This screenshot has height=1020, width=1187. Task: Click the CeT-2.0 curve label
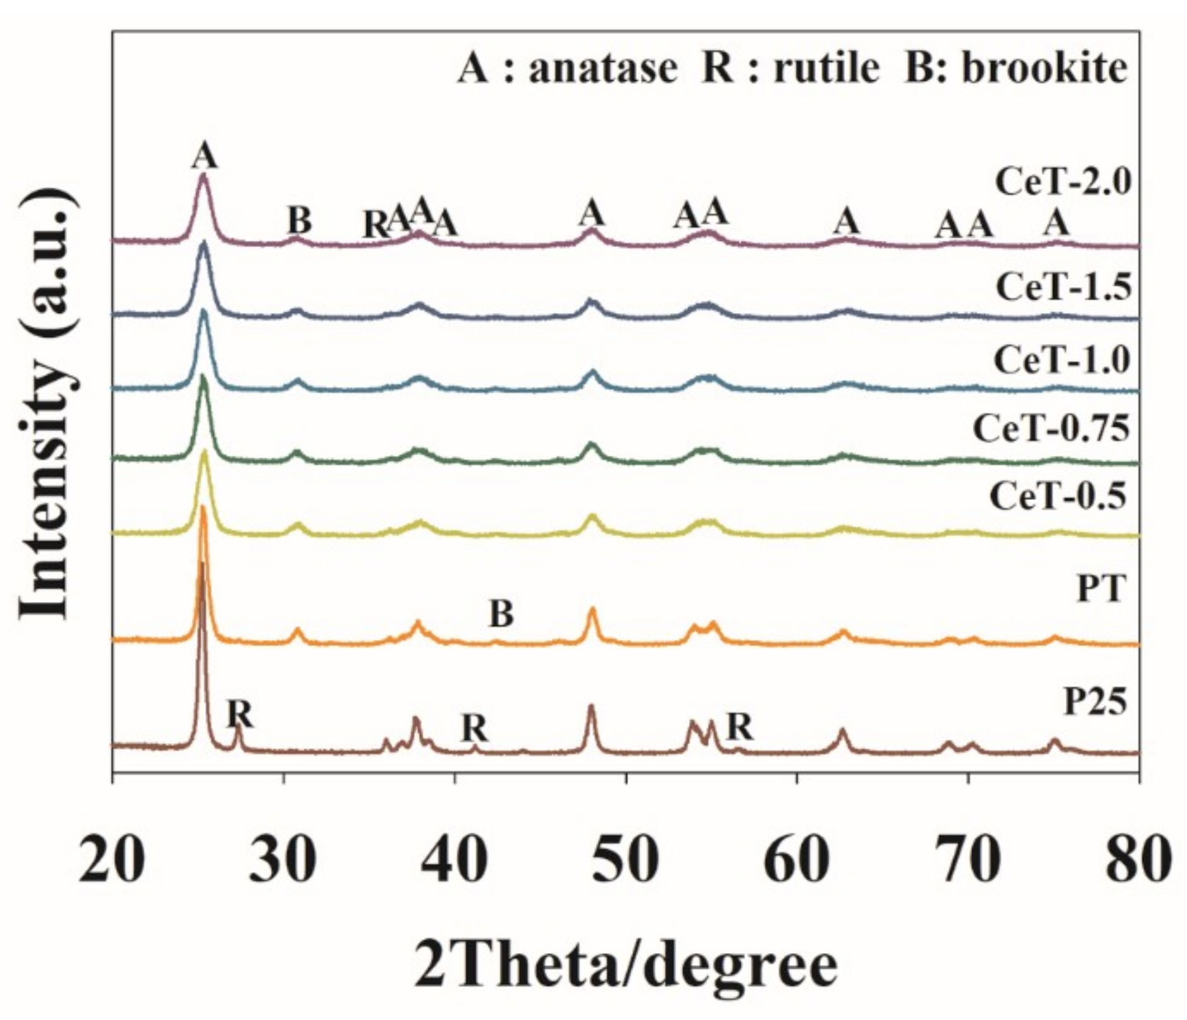point(1063,183)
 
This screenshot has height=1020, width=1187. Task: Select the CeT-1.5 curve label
point(1063,287)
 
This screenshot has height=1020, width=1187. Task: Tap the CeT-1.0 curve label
point(1062,360)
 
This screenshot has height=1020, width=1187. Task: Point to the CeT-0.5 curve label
point(1058,496)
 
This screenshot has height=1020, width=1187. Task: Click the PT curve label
point(1101,589)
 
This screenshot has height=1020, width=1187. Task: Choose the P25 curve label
point(1095,702)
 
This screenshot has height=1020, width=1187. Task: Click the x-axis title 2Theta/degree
point(626,966)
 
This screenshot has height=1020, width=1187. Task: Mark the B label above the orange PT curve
point(501,614)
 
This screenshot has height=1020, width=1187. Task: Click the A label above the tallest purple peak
point(204,155)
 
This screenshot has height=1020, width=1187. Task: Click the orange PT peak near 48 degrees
point(592,610)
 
